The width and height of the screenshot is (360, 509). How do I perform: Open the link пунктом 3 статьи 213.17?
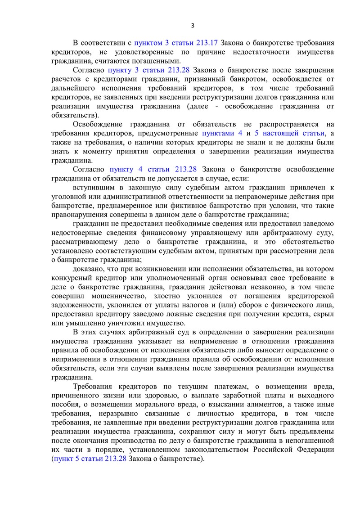pos(176,43)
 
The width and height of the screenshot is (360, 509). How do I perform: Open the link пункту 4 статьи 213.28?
pos(153,169)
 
